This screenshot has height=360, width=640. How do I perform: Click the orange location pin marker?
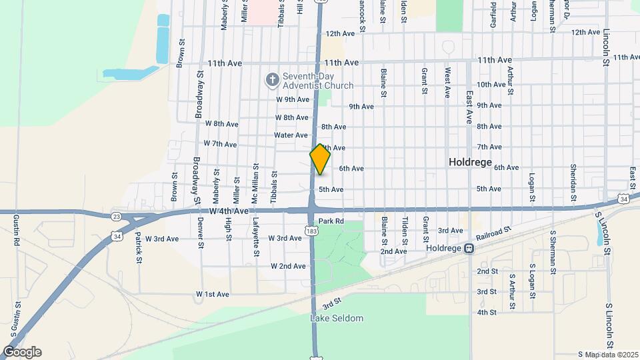point(320,159)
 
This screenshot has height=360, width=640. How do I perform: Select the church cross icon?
point(272,80)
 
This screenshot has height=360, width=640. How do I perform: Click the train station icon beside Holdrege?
point(469,248)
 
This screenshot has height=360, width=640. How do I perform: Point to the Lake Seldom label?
point(337,318)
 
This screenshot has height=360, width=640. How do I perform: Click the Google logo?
point(21,352)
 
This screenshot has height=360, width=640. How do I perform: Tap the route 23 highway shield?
point(116,216)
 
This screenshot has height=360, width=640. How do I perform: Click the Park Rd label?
point(331,221)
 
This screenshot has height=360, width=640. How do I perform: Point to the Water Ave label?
point(291,135)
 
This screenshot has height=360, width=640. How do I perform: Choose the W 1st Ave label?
point(212,294)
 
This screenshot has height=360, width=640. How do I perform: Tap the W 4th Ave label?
point(228,211)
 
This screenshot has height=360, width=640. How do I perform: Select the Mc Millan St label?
point(255,183)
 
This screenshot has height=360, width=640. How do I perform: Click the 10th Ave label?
point(491,84)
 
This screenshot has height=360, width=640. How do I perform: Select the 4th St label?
point(487,312)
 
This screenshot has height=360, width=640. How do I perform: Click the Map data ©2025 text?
point(607,354)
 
